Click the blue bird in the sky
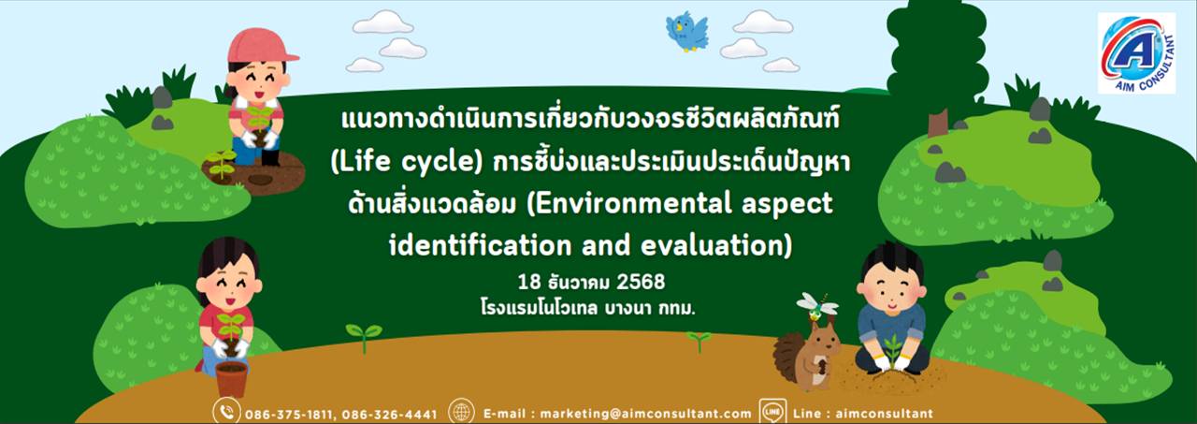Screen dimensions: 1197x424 [686, 32]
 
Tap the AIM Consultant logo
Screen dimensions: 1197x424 [1136, 53]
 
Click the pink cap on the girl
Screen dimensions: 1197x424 [262, 46]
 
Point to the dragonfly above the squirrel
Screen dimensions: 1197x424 [817, 306]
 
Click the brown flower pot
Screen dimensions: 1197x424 [231, 379]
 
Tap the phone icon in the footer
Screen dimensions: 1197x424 [226, 412]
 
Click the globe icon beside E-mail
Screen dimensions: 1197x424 [461, 412]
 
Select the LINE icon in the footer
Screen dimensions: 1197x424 [772, 412]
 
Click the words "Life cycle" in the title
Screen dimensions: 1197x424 [407, 162]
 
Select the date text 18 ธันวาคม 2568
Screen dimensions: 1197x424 [592, 282]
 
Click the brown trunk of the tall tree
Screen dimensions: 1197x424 [938, 123]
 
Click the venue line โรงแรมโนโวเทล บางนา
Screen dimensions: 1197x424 [588, 308]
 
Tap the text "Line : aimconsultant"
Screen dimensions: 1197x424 [863, 414]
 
